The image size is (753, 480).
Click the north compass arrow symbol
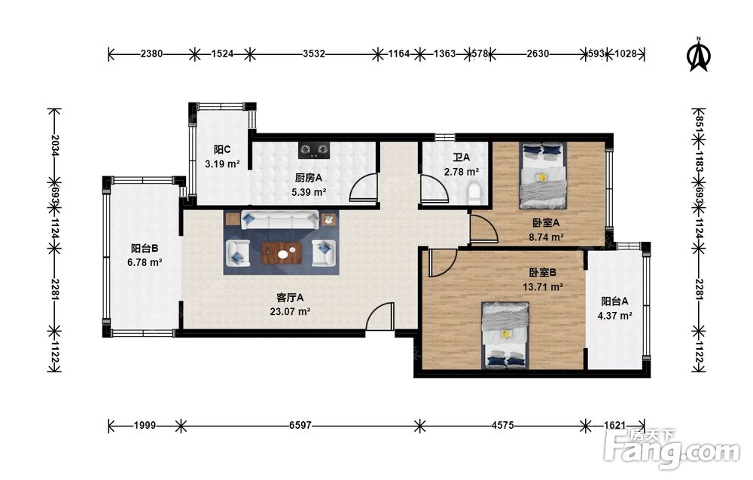pyautogui.click(x=699, y=55)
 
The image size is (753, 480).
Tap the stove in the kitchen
pyautogui.click(x=315, y=151)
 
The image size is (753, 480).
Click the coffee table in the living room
pyautogui.click(x=282, y=253)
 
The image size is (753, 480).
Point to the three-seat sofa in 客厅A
pyautogui.click(x=280, y=219)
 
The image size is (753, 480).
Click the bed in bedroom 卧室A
pyautogui.click(x=543, y=176)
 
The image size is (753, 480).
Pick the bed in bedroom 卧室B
pyautogui.click(x=505, y=335)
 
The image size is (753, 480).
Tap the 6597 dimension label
pyautogui.click(x=300, y=425)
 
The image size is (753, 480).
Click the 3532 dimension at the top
pyautogui.click(x=313, y=54)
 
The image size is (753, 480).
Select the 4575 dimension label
pyautogui.click(x=502, y=425)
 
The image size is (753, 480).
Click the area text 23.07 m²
pyautogui.click(x=290, y=311)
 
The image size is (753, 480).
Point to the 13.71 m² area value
pyautogui.click(x=543, y=287)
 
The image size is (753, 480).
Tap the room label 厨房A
pyautogui.click(x=308, y=179)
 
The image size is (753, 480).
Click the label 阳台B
pyautogui.click(x=145, y=249)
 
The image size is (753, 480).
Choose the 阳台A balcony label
pyautogui.click(x=614, y=301)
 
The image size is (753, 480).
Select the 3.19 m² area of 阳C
pyautogui.click(x=222, y=164)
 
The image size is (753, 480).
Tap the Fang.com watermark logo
pyautogui.click(x=672, y=450)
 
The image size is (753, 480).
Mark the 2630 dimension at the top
pyautogui.click(x=538, y=54)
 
